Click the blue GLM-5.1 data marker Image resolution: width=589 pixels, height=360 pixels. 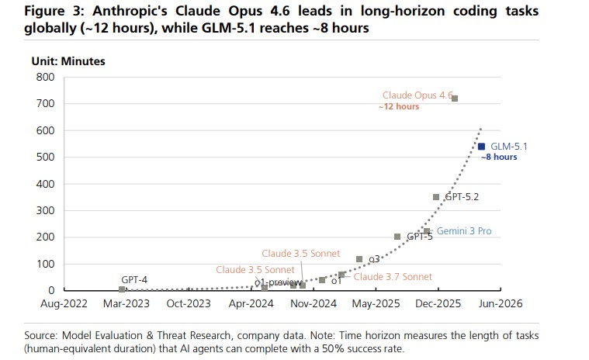pos(481,146)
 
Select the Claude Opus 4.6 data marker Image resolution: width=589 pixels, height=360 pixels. pos(455,99)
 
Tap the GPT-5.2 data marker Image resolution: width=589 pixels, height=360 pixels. pos(436,197)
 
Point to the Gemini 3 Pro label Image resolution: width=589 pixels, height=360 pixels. pos(463,231)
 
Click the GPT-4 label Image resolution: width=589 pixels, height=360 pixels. pos(135,279)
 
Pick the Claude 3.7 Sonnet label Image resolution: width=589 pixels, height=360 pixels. pos(393,276)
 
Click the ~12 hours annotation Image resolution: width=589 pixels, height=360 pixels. pos(399,107)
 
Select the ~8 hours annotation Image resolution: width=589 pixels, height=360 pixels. pos(498,157)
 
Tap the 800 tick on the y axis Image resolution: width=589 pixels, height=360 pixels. pos(45,77)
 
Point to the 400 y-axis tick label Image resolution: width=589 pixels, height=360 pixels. pos(45,184)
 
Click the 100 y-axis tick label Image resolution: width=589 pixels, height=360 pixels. pos(45,264)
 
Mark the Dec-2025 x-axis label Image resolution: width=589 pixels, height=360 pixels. pos(438,305)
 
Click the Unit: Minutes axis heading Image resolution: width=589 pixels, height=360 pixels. pos(68,61)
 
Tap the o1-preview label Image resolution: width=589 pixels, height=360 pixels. pos(278,282)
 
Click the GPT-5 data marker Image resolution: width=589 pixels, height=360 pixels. pos(397,237)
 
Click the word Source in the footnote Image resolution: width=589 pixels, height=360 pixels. pos(40,335)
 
